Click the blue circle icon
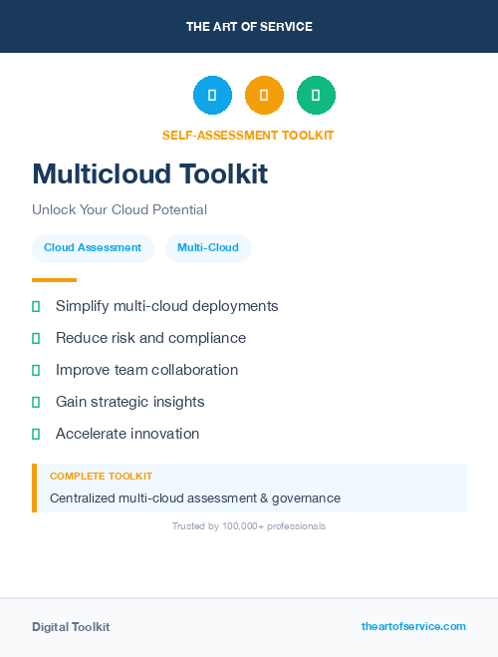[212, 95]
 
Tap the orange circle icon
[264, 95]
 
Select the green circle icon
[316, 95]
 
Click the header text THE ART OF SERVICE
[249, 27]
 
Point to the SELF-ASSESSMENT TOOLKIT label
[248, 135]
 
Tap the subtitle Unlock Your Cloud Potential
[120, 209]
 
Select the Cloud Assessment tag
[93, 247]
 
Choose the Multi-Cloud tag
[208, 247]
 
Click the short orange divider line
[54, 280]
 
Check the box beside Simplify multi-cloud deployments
[36, 306]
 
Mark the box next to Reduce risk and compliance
[36, 338]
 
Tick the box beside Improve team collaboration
[36, 370]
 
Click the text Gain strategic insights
[129, 402]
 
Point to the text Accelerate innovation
[127, 434]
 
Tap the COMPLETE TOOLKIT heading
[101, 477]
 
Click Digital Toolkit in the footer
[71, 627]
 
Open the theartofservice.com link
[413, 626]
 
